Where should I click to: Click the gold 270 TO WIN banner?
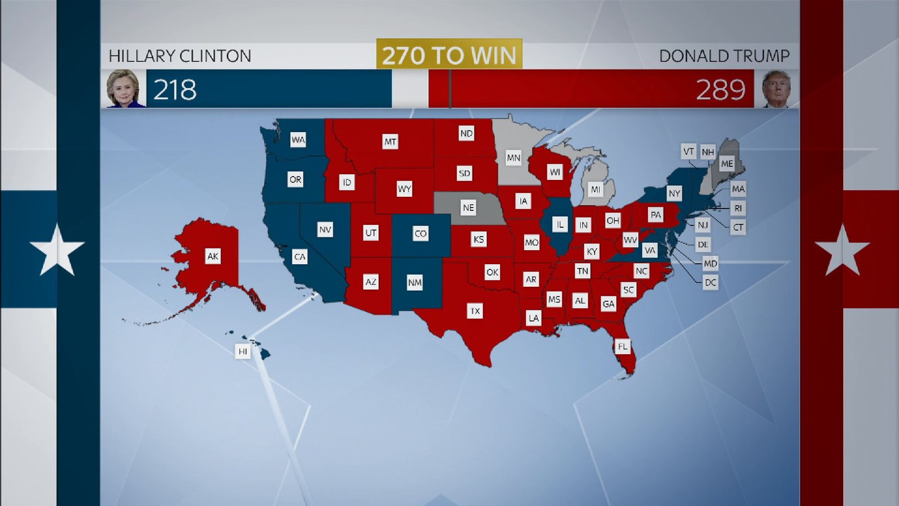click(449, 55)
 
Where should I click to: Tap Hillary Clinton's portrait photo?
click(123, 88)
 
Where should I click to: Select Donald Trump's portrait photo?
click(776, 88)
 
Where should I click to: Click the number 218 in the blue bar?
click(175, 90)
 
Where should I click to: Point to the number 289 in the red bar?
click(720, 90)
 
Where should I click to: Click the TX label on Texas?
click(475, 311)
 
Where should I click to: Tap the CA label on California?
click(299, 257)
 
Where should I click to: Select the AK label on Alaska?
click(212, 256)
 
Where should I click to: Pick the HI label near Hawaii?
click(243, 351)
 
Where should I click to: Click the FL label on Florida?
click(623, 346)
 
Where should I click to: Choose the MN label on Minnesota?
click(513, 158)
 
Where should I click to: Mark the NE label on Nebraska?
click(468, 207)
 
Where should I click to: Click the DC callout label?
click(710, 282)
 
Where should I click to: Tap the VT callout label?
click(688, 151)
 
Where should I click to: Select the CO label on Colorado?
click(420, 233)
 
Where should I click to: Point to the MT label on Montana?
click(390, 142)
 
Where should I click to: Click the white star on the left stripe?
click(57, 250)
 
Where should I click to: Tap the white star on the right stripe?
click(842, 250)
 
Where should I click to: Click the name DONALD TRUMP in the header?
click(724, 56)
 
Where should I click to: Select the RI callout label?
click(738, 208)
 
